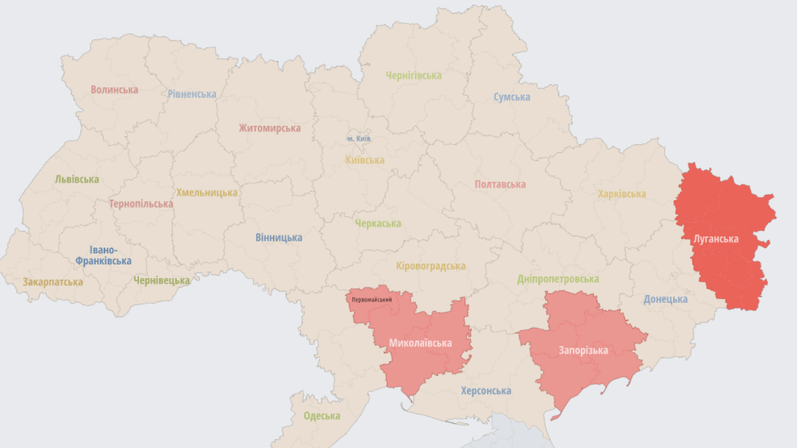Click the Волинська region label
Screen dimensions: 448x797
[x=114, y=90]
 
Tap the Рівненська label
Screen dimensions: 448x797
[x=192, y=95]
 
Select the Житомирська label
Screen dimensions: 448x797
[x=270, y=128]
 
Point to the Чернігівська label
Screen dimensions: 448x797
[x=413, y=76]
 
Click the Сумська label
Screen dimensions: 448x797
[x=512, y=97]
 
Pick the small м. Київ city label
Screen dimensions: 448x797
[x=359, y=139]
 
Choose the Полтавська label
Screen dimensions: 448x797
[x=500, y=184]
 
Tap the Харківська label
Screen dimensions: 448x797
[x=621, y=194]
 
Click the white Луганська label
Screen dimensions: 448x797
[x=716, y=239]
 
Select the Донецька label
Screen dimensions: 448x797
[x=666, y=299]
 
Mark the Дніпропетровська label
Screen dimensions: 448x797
[x=558, y=279]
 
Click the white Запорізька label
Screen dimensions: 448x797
[x=583, y=350]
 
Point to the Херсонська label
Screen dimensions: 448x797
[x=486, y=391]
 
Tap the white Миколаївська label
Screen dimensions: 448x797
[x=420, y=343]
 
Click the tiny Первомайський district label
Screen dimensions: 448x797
[x=372, y=301]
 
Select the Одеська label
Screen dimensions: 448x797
[x=322, y=416]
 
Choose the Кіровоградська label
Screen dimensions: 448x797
[x=430, y=266]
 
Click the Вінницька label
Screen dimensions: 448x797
[x=278, y=238]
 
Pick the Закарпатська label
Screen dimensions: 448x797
[x=53, y=282]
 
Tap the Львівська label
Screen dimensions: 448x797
[x=77, y=179]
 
